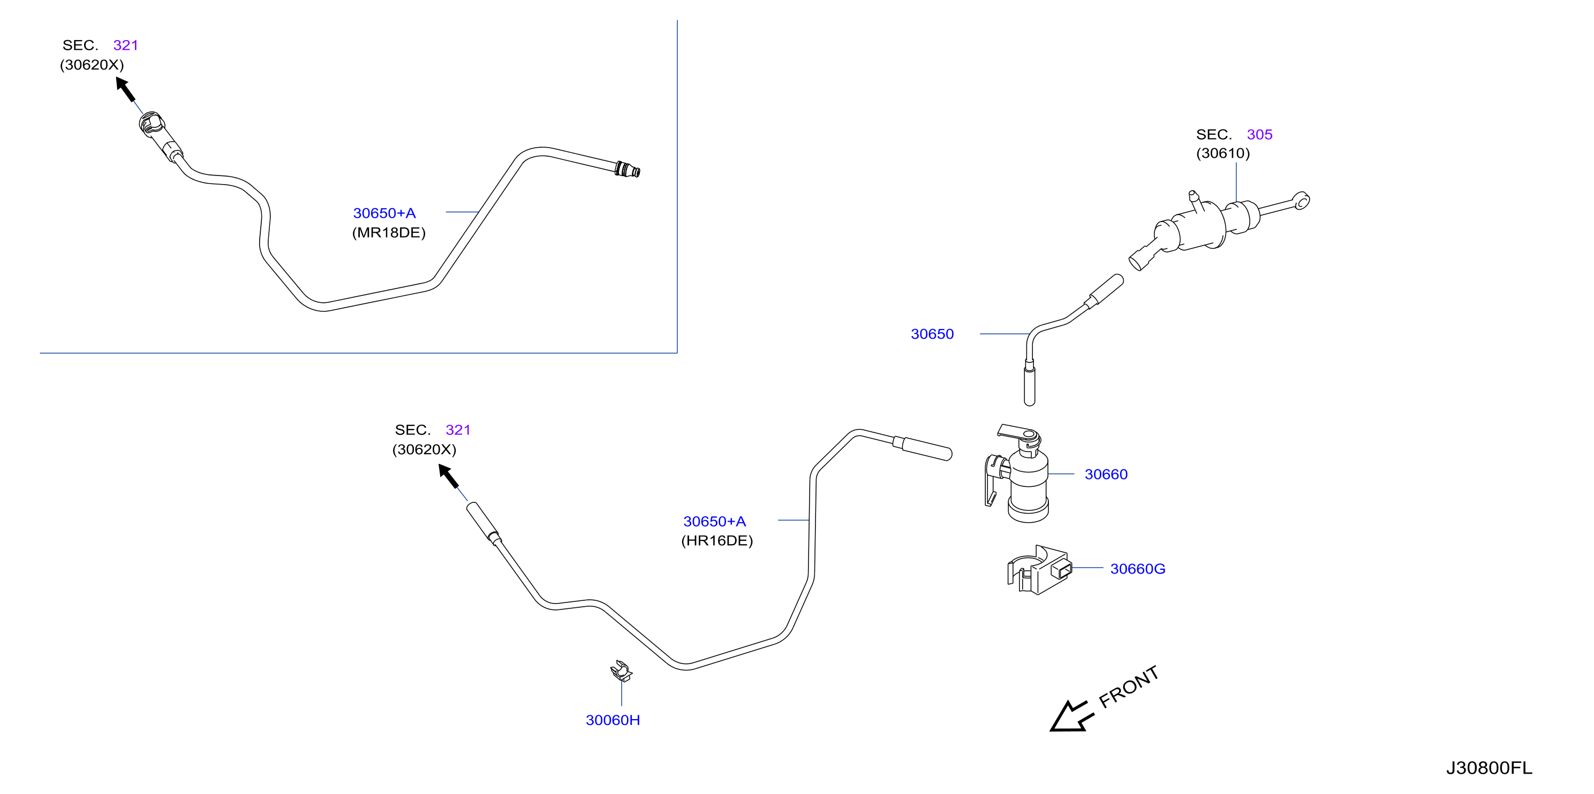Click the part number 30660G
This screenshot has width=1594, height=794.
tap(1137, 569)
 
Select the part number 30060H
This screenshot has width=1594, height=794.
tap(613, 720)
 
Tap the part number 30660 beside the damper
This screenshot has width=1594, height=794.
tap(1106, 474)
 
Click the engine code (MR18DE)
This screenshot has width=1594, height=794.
tap(389, 233)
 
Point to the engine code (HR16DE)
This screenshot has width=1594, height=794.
tap(717, 541)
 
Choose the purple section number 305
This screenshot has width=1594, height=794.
tap(1259, 135)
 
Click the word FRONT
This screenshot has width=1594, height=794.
tap(1129, 688)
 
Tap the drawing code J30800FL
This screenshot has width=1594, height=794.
tap(1489, 768)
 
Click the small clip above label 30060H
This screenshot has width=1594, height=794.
tap(621, 671)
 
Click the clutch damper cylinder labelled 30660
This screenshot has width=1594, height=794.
tap(1018, 474)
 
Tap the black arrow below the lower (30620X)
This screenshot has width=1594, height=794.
tap(449, 476)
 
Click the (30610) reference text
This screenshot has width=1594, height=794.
tap(1223, 154)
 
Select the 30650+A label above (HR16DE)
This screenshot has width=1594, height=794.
tap(715, 522)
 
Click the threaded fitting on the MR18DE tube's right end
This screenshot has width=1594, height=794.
tap(628, 169)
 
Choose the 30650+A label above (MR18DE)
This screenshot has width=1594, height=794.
tap(384, 213)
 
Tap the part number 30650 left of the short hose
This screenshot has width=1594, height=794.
tap(932, 334)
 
